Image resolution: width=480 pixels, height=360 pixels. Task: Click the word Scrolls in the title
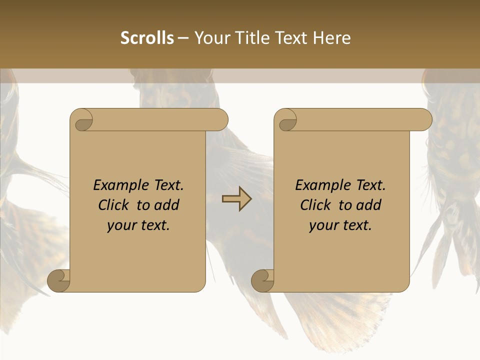coord(147,38)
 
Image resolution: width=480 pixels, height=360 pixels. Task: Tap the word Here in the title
coord(332,38)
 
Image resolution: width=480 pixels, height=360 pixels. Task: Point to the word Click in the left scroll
coord(114,205)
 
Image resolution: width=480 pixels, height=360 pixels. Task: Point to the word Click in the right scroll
coord(316,205)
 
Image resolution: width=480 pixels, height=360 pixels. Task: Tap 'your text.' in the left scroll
coord(138,225)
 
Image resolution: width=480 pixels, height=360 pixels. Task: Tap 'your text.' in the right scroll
coord(340,225)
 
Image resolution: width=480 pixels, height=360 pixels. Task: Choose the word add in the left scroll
coord(167,205)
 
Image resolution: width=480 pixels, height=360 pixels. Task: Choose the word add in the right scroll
coord(369,205)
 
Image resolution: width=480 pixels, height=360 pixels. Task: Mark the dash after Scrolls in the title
coord(183,38)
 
